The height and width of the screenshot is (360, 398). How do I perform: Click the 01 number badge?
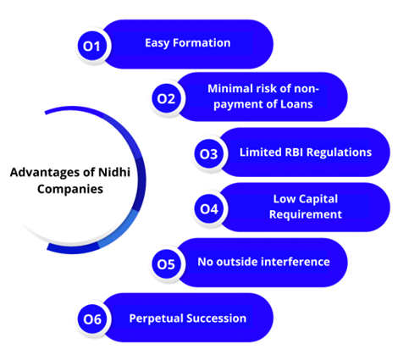pyautogui.click(x=92, y=46)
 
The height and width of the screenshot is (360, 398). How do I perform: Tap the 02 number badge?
pyautogui.click(x=166, y=98)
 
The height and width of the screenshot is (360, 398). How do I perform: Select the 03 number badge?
pyautogui.click(x=209, y=153)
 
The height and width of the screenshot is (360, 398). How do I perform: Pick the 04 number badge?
pyautogui.click(x=209, y=208)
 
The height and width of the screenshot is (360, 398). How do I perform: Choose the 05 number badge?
pyautogui.click(x=166, y=264)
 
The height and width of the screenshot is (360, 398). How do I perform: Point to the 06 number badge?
pyautogui.click(x=92, y=319)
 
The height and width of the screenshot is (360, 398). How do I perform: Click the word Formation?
pyautogui.click(x=202, y=43)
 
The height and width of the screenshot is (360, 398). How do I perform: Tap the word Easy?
pyautogui.click(x=158, y=43)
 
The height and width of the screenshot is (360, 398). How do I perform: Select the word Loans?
pyautogui.click(x=296, y=104)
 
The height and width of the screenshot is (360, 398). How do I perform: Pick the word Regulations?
pyautogui.click(x=339, y=152)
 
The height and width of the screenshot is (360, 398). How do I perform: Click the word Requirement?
pyautogui.click(x=306, y=214)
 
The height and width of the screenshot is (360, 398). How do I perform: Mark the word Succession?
pyautogui.click(x=216, y=318)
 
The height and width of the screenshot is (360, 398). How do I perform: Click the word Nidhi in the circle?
pyautogui.click(x=114, y=172)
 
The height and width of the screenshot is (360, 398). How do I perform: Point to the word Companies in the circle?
pyautogui.click(x=70, y=189)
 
